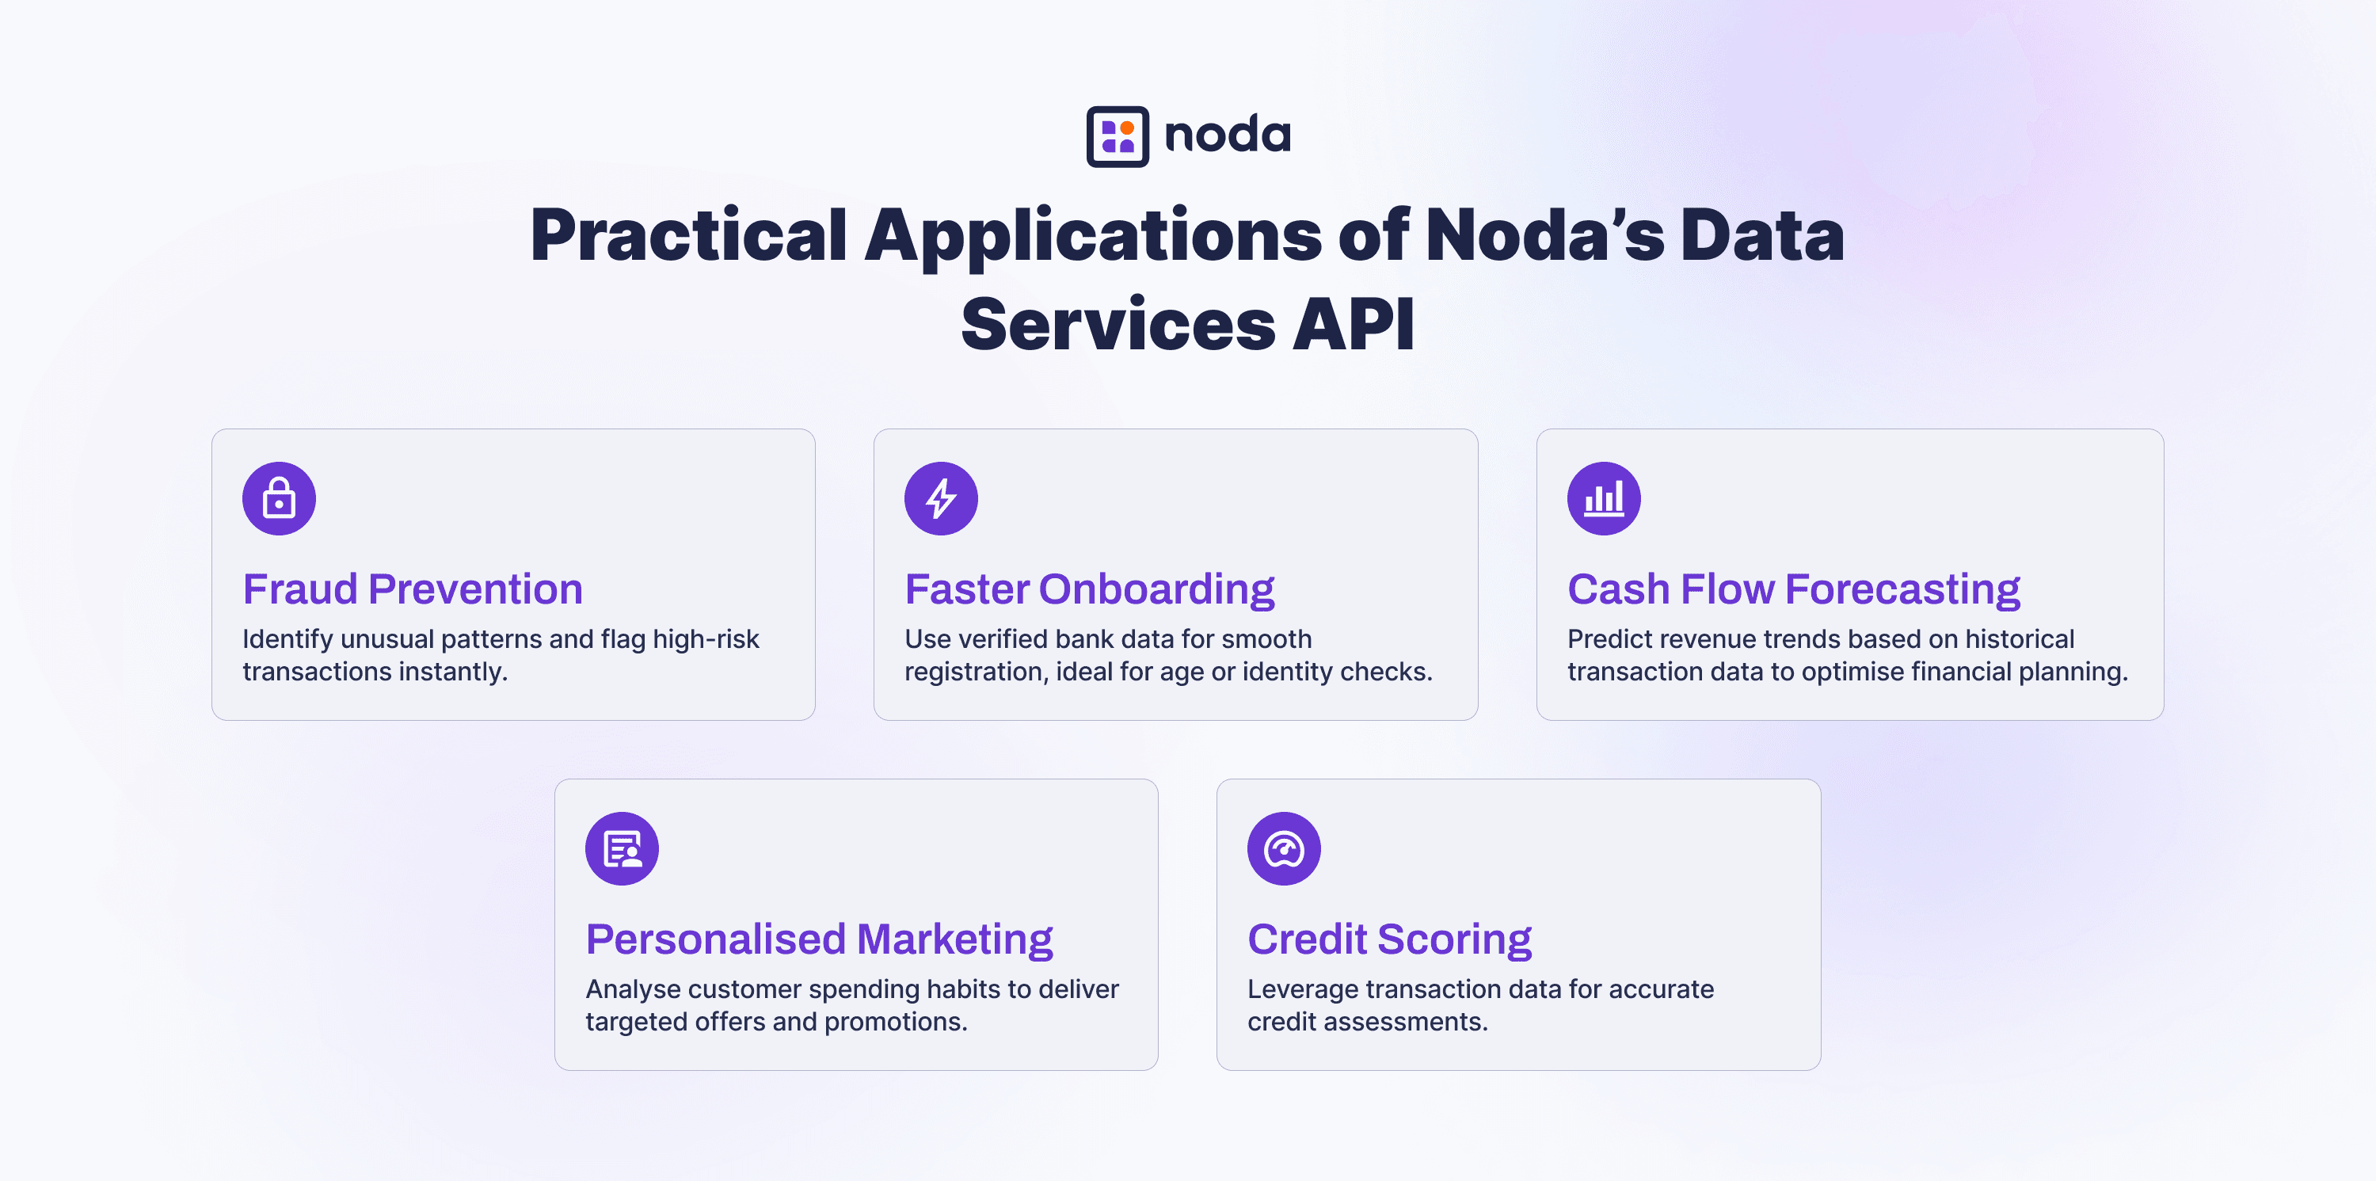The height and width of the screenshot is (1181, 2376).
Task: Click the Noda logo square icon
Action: pyautogui.click(x=1117, y=136)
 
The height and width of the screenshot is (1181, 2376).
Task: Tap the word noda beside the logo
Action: pyautogui.click(x=1227, y=135)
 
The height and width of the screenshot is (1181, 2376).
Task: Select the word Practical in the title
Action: pyautogui.click(x=688, y=236)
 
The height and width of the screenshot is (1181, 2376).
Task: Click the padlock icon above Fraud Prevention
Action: pyautogui.click(x=279, y=498)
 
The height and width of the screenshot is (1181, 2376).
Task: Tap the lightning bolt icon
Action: pyautogui.click(x=941, y=498)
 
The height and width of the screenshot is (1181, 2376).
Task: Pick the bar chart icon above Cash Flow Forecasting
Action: pyautogui.click(x=1604, y=498)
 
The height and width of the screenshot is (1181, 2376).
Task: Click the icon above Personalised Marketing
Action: pyautogui.click(x=622, y=849)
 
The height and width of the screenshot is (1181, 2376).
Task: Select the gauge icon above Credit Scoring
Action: pyautogui.click(x=1284, y=849)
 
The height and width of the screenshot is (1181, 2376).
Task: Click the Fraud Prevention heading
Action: pyautogui.click(x=413, y=589)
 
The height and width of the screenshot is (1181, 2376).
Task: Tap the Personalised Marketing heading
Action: pyautogui.click(x=819, y=940)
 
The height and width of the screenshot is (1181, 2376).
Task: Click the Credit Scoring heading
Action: pyautogui.click(x=1389, y=940)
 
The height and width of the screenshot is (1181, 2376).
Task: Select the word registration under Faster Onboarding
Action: pyautogui.click(x=976, y=672)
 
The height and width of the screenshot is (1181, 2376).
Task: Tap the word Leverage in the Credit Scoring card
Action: pyautogui.click(x=1302, y=990)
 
